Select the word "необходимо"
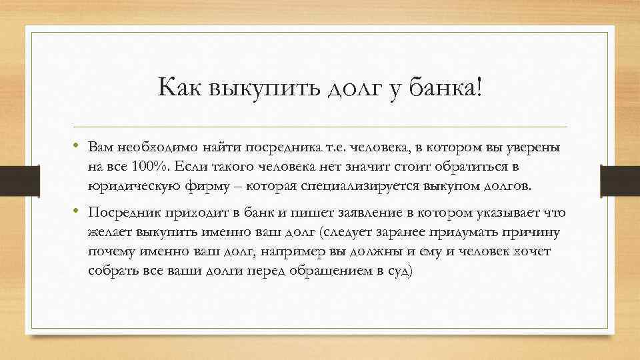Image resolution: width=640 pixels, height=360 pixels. click(x=151, y=147)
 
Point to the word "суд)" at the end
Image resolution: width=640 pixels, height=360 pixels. click(x=399, y=271)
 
